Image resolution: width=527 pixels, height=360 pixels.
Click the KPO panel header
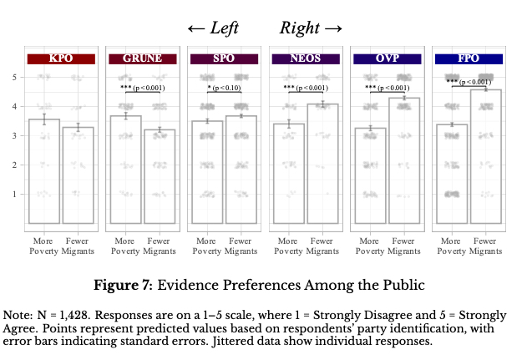pos(61,58)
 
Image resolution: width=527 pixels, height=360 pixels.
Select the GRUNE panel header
pos(142,58)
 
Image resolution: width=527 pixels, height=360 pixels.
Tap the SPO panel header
pos(224,58)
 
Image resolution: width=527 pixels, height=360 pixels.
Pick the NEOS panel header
pos(305,58)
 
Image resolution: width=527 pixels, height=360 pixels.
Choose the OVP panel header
pos(387,58)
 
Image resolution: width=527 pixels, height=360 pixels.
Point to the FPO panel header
pos(469,58)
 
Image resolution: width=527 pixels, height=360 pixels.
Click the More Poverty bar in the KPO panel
pos(44,171)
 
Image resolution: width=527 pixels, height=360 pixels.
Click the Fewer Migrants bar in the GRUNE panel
pos(159,176)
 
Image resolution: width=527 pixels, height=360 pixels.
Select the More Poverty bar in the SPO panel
pos(207,172)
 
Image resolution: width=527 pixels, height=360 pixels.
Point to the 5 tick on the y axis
pos(13,77)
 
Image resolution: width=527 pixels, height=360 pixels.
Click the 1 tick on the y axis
pos(13,194)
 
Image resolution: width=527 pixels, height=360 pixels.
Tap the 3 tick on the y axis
pos(13,135)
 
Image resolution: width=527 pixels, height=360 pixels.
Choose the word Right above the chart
pos(300,28)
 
